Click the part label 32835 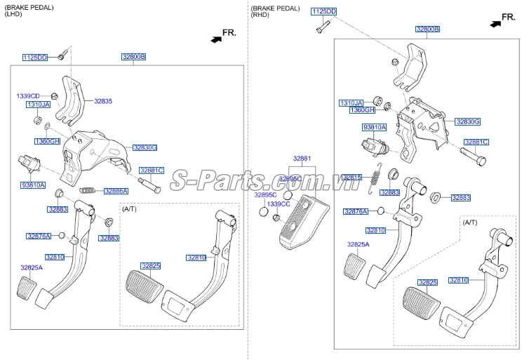tap(103, 101)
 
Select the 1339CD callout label tap(28, 95)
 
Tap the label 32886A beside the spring tap(116, 190)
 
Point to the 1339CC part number tap(279, 204)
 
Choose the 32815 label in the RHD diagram tap(352, 178)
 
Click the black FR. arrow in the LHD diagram tap(215, 39)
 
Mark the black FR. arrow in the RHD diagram tap(495, 23)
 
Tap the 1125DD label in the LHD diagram tap(34, 57)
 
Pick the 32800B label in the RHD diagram tap(427, 29)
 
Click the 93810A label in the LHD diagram tap(32, 185)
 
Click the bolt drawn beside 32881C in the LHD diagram tap(150, 186)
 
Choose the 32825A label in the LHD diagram tap(31, 267)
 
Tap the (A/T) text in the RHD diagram tap(470, 222)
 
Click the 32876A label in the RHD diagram tap(356, 211)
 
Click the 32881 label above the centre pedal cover tap(302, 159)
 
